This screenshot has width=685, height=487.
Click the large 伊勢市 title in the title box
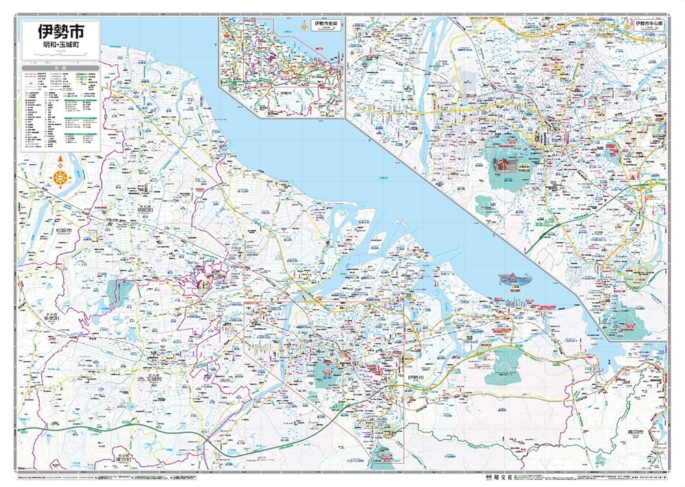point(60,32)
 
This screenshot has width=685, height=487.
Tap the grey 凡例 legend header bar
point(60,68)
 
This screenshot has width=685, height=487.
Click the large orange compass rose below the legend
point(60,176)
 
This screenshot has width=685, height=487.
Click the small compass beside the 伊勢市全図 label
point(303,26)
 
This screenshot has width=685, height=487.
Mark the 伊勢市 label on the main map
point(414,378)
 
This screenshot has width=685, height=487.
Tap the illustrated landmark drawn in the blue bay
point(516,280)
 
